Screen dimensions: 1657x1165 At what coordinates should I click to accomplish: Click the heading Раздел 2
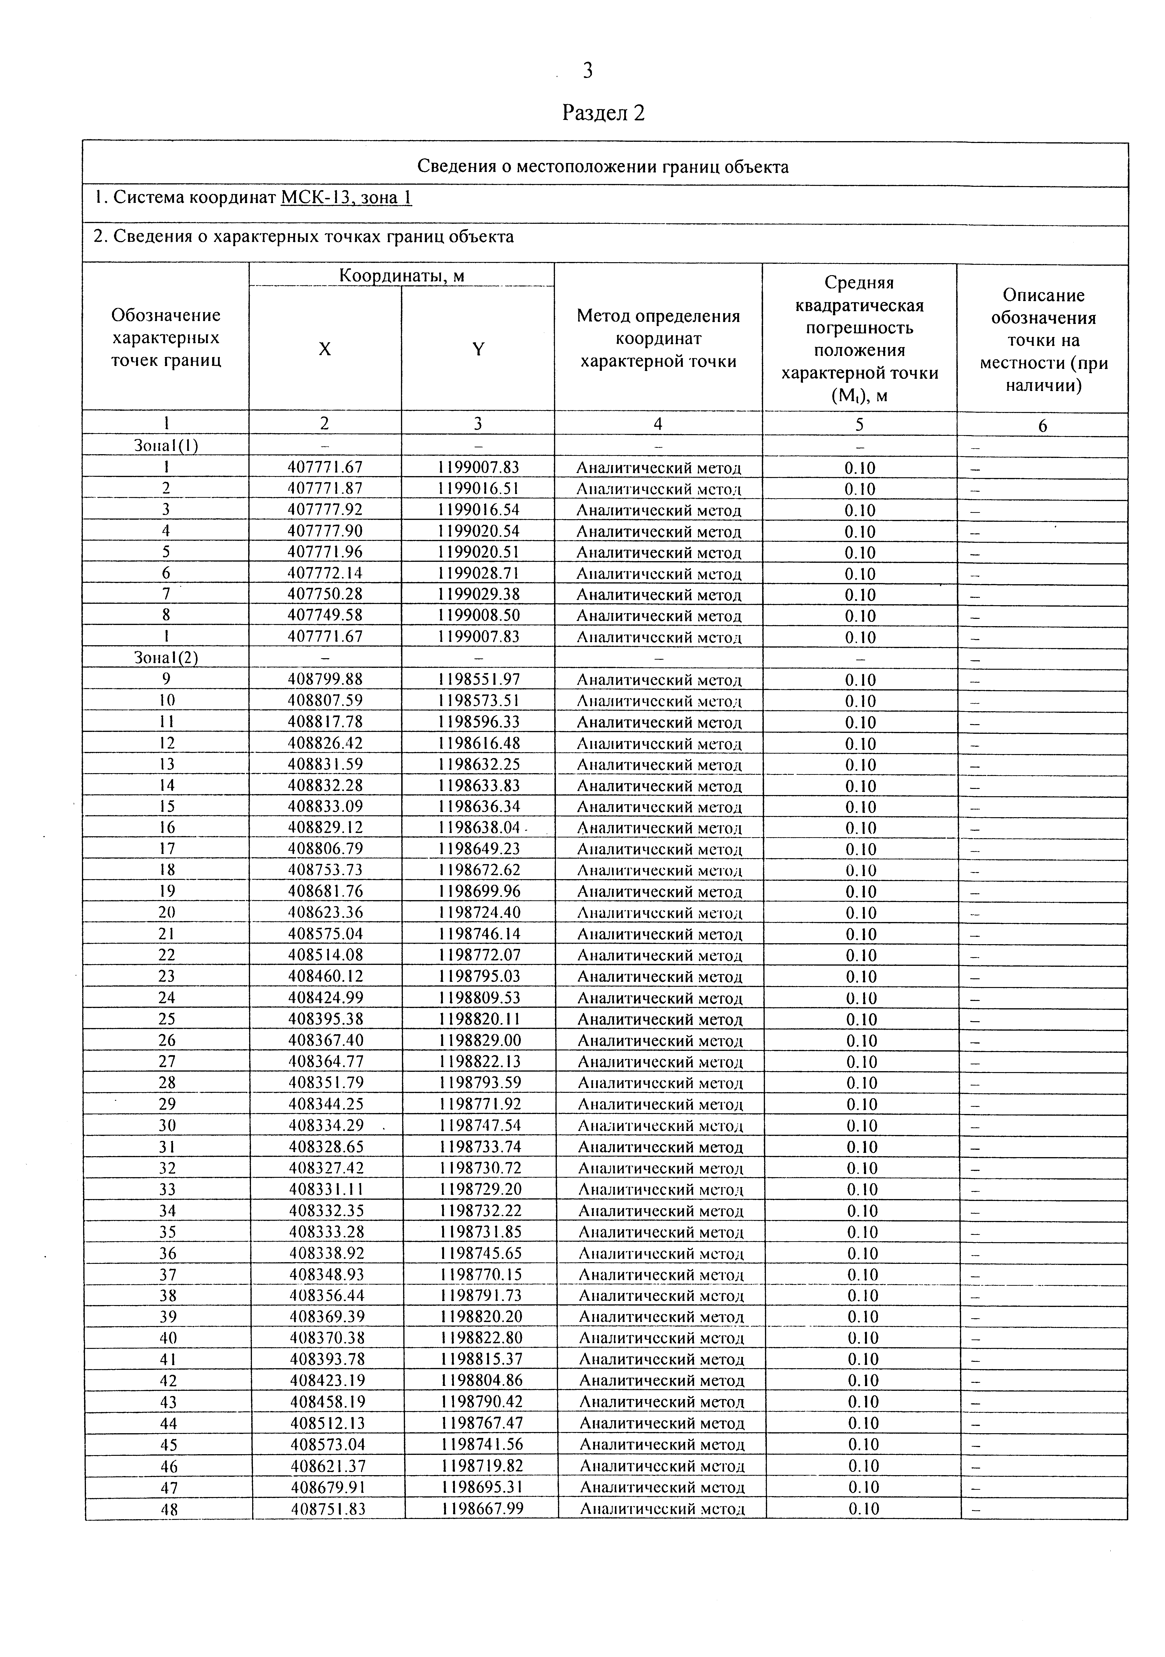tap(603, 113)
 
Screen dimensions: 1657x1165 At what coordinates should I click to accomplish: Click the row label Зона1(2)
tap(166, 657)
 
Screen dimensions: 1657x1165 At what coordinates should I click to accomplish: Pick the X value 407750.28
tap(325, 594)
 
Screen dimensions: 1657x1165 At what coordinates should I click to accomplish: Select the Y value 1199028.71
tap(478, 573)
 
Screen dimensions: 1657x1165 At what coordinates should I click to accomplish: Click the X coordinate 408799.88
tap(325, 679)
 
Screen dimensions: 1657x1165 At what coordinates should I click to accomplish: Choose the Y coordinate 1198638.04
tap(478, 827)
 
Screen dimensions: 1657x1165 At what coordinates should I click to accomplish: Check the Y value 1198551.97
tap(478, 679)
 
